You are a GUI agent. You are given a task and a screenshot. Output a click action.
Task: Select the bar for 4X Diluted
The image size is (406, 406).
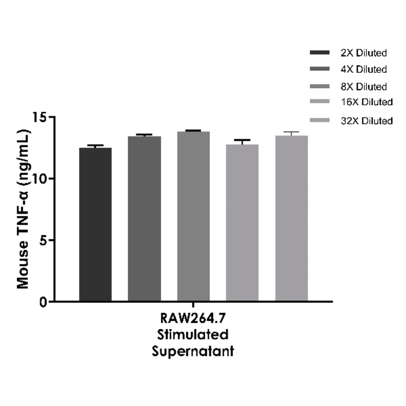(x=145, y=218)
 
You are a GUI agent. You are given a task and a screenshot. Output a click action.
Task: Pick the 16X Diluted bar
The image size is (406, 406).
(x=242, y=223)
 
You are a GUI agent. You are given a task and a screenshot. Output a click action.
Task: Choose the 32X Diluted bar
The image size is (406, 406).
(x=291, y=218)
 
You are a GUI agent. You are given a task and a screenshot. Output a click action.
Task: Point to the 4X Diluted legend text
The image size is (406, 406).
(x=364, y=69)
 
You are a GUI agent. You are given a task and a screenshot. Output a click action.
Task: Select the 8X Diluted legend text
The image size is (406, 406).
(x=364, y=86)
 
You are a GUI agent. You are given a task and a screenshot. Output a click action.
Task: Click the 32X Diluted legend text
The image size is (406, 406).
(x=366, y=121)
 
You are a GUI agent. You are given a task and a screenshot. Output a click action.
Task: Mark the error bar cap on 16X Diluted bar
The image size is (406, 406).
(x=242, y=140)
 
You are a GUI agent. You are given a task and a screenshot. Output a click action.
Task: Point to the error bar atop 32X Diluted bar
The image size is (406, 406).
(x=291, y=132)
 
